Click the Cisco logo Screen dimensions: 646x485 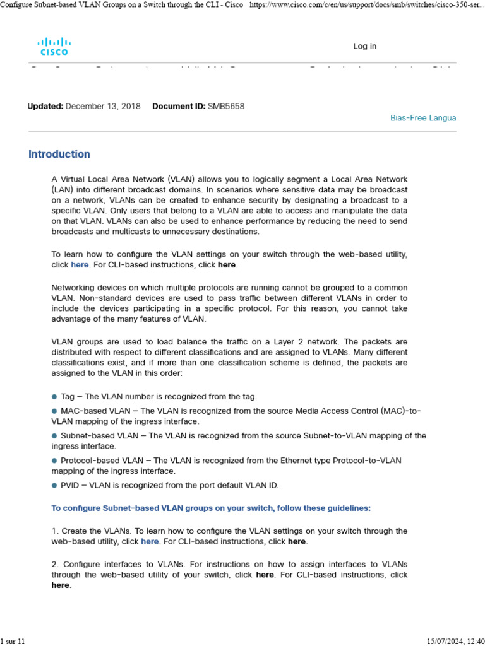point(54,46)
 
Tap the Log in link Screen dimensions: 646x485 point(364,46)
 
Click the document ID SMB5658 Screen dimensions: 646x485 point(226,106)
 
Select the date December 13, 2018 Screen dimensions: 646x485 point(103,106)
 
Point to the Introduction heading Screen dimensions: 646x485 point(59,154)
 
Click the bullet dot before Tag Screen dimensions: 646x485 point(54,397)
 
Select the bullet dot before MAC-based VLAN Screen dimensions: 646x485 point(54,411)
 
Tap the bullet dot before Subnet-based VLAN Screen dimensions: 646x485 point(54,436)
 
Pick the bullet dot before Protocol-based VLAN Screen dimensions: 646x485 point(54,461)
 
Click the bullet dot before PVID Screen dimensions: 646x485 point(54,485)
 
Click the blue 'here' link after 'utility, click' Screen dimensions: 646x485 point(80,265)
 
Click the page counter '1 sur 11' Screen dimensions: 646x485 point(13,641)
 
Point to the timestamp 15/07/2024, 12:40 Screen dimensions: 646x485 point(454,641)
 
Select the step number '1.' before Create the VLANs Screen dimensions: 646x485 point(55,531)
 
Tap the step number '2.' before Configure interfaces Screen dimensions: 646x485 point(55,564)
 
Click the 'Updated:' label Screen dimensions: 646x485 point(45,106)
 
